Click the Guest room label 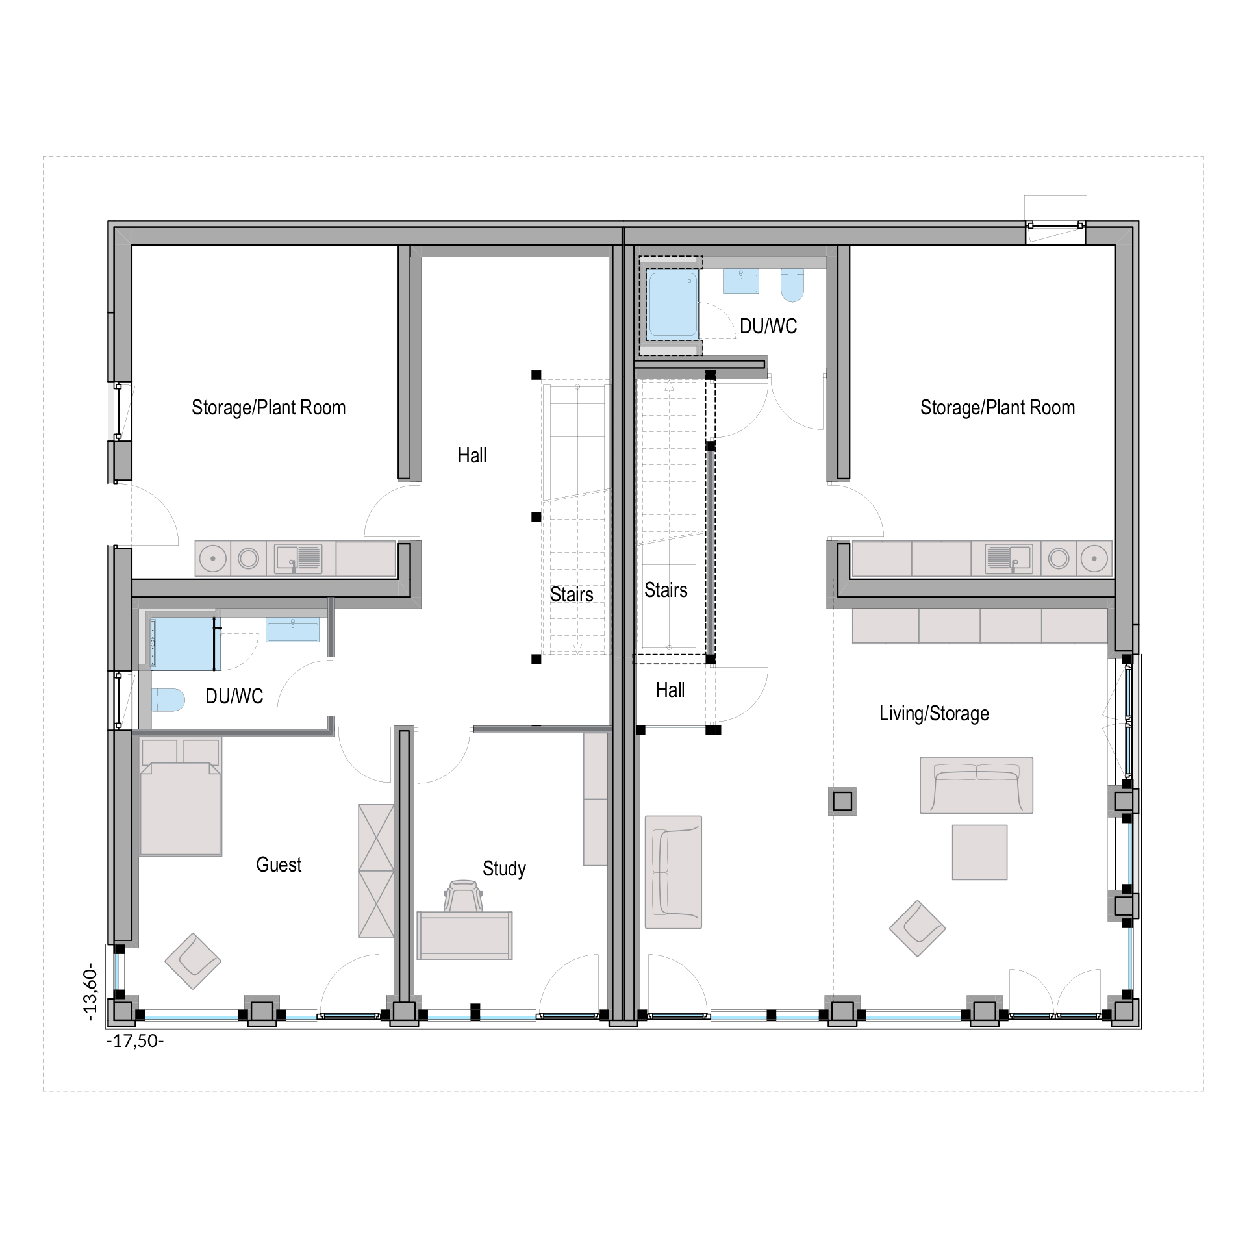[279, 864]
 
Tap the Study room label [504, 869]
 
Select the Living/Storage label [934, 713]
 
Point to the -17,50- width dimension [135, 1041]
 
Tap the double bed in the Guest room [181, 796]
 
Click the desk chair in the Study [463, 896]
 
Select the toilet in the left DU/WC [168, 700]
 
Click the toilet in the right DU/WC [792, 285]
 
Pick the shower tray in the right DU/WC [673, 305]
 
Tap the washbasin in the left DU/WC [292, 629]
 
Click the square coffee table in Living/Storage [979, 852]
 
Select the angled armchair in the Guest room [193, 961]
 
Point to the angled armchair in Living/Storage [917, 928]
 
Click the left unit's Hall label [472, 455]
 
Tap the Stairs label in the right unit [666, 590]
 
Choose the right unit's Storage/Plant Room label [998, 407]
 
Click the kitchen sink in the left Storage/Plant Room [298, 559]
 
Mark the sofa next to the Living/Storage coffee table [976, 785]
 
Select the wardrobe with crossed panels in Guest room [376, 871]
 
